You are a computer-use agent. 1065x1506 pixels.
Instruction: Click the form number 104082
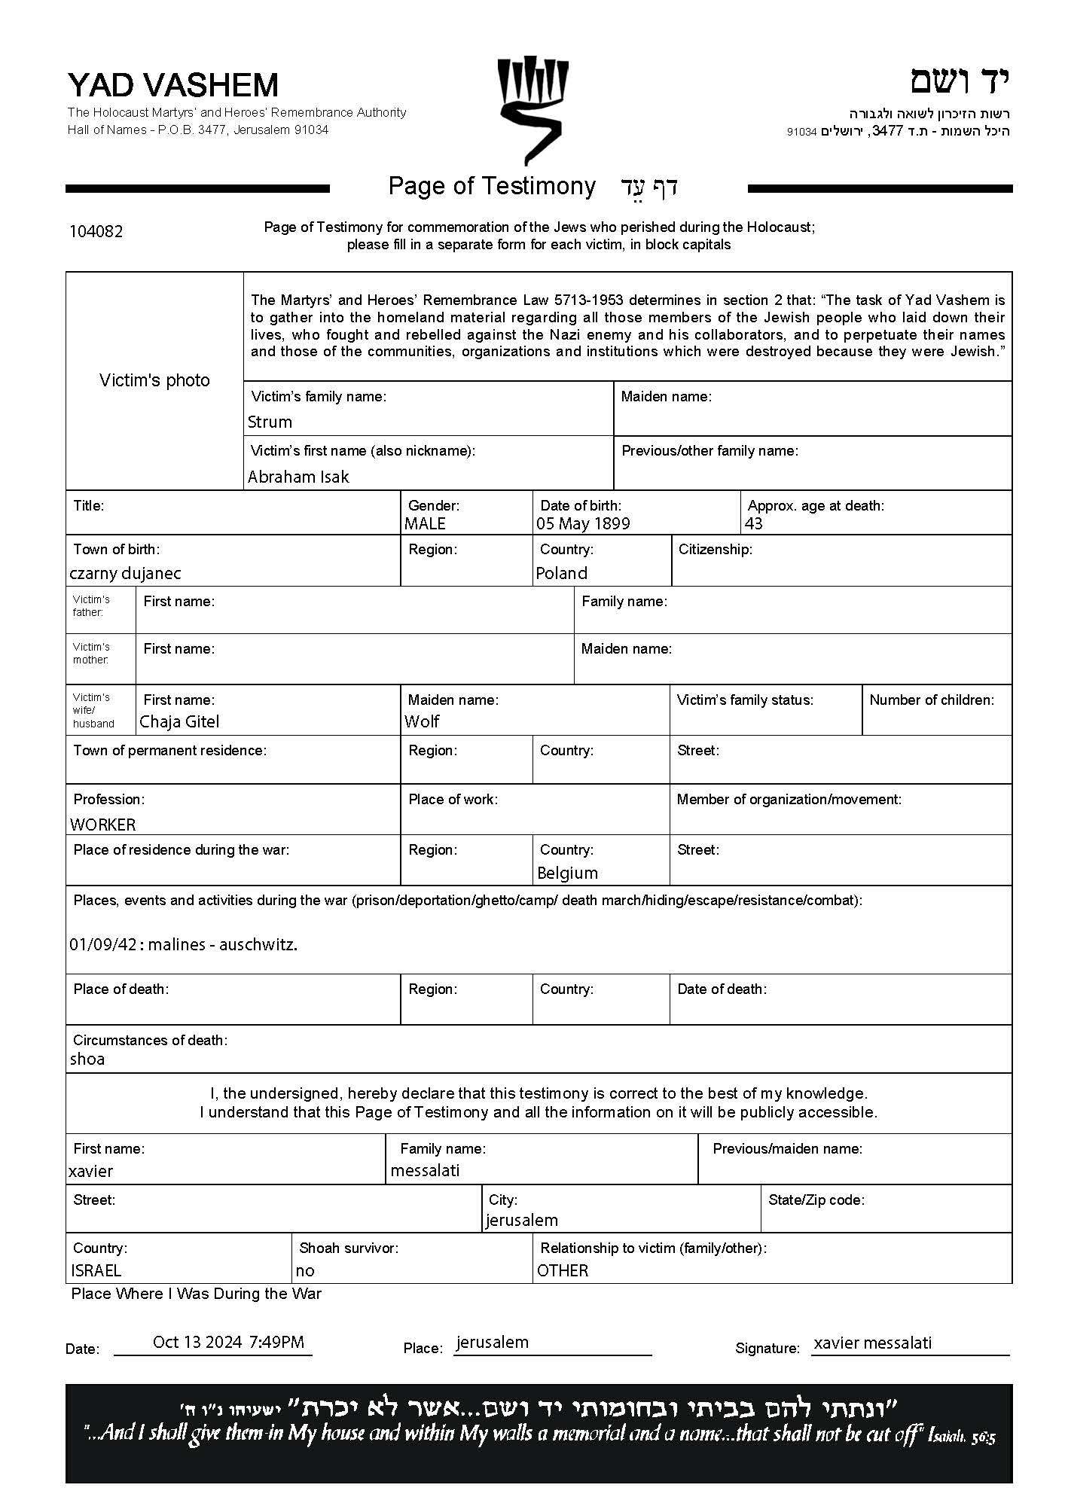[96, 231]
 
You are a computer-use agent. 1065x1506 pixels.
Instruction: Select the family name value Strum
[270, 422]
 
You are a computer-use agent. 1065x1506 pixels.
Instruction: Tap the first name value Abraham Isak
[298, 477]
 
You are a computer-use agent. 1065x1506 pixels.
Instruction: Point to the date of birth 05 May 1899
[583, 523]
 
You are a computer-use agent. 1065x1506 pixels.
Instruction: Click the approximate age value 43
[753, 523]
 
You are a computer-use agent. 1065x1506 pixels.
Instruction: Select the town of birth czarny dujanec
[125, 573]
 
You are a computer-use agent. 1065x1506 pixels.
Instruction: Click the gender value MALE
[425, 523]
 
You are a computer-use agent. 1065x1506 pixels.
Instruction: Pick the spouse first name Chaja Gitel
[179, 721]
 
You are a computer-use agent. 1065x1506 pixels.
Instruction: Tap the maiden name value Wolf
[422, 721]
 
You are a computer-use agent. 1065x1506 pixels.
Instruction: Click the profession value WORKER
[103, 825]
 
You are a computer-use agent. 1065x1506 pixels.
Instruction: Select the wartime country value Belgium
[567, 873]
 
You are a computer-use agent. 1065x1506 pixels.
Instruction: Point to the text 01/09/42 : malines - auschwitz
[183, 944]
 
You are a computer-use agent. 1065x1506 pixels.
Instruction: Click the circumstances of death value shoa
[87, 1059]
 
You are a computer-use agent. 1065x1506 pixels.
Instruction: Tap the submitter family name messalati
[425, 1170]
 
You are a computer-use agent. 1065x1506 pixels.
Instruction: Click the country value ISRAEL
[96, 1270]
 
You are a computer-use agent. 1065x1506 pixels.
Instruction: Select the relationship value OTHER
[563, 1270]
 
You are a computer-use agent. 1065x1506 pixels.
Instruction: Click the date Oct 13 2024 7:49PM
[228, 1342]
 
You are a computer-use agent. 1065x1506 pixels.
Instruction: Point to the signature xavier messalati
[872, 1343]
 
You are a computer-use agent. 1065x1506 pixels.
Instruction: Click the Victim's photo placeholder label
[154, 380]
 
